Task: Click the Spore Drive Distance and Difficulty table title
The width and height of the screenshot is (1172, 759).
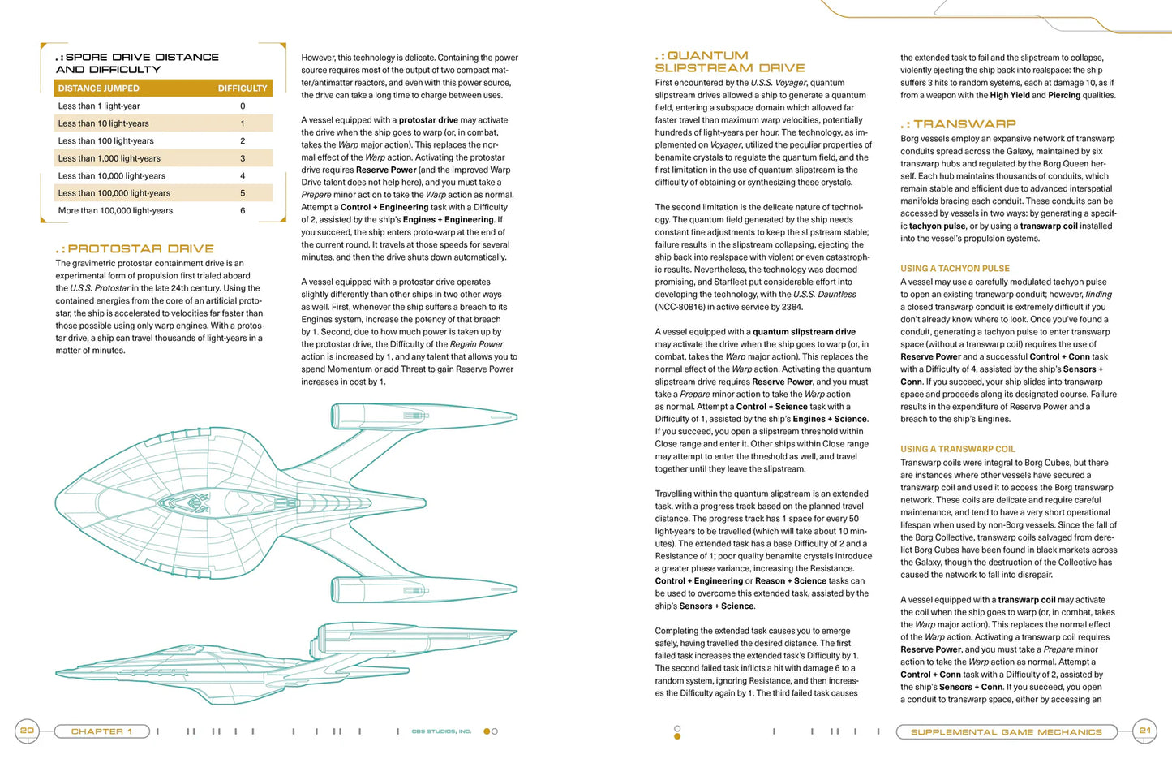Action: coord(137,63)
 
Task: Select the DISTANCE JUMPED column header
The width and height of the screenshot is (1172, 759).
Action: coord(98,88)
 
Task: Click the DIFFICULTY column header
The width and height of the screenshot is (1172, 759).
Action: coord(242,88)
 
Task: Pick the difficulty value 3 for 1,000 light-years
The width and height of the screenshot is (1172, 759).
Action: coord(243,158)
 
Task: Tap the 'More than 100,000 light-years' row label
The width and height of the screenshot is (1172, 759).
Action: coord(115,211)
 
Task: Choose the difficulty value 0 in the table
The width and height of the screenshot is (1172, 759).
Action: coord(243,106)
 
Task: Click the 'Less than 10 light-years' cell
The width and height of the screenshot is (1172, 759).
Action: coord(103,123)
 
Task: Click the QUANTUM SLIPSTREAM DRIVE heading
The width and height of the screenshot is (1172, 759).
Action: coord(729,62)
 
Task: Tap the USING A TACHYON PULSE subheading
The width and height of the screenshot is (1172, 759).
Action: coord(955,269)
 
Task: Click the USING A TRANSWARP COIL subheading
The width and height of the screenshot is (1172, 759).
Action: coord(957,449)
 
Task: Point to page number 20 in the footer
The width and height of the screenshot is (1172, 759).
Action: coord(27,731)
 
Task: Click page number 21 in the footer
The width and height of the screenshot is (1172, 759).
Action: coord(1145,731)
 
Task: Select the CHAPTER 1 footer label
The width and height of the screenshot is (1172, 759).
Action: coord(102,731)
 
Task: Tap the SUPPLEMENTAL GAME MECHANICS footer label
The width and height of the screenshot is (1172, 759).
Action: coord(1006,732)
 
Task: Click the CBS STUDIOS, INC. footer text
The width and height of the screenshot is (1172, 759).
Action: coord(441,731)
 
